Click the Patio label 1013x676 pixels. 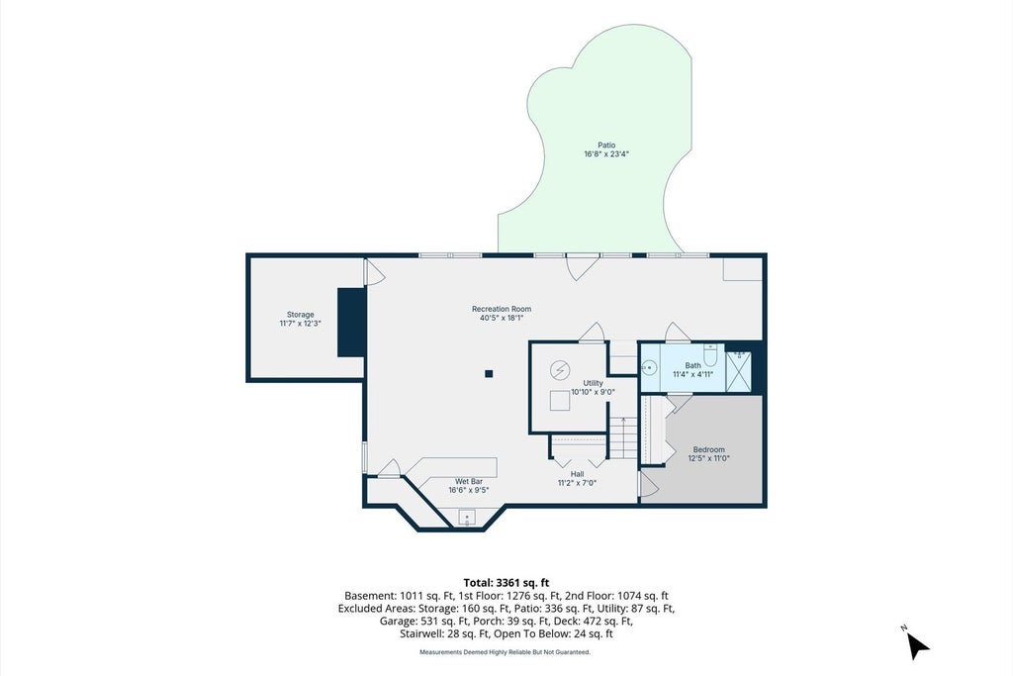pyautogui.click(x=606, y=145)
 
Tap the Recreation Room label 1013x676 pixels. pyautogui.click(x=502, y=309)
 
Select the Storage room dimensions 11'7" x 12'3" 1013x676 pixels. pyautogui.click(x=301, y=323)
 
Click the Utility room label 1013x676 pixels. pyautogui.click(x=593, y=383)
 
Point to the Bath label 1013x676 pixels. pyautogui.click(x=692, y=366)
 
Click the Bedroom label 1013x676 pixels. pyautogui.click(x=708, y=449)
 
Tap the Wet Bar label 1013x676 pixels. pyautogui.click(x=469, y=481)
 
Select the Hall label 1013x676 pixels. pyautogui.click(x=577, y=474)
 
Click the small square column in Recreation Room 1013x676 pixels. pyautogui.click(x=489, y=373)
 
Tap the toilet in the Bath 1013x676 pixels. pyautogui.click(x=710, y=354)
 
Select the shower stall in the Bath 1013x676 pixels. pyautogui.click(x=738, y=371)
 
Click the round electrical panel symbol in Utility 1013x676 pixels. pyautogui.click(x=560, y=370)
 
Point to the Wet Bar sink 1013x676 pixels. pyautogui.click(x=467, y=518)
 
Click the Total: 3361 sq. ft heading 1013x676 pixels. pyautogui.click(x=506, y=583)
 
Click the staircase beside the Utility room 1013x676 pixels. pyautogui.click(x=623, y=438)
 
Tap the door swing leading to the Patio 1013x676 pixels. pyautogui.click(x=582, y=267)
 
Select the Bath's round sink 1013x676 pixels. pyautogui.click(x=649, y=368)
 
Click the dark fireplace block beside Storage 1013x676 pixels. pyautogui.click(x=352, y=323)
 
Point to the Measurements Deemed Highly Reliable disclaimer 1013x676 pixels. pyautogui.click(x=506, y=652)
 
